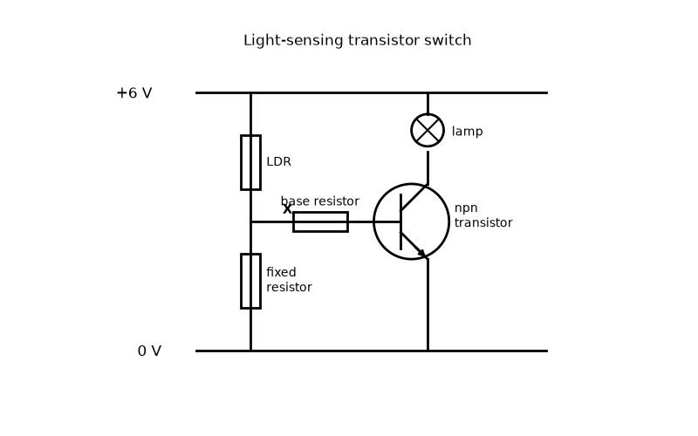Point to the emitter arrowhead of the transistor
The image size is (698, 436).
tap(421, 253)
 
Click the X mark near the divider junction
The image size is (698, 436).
tap(287, 208)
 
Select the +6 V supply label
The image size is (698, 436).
tap(134, 93)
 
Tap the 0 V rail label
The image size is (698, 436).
tap(149, 351)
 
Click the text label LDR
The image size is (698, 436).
tap(278, 161)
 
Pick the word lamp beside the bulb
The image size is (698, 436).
tap(467, 132)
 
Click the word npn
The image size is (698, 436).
tap(466, 208)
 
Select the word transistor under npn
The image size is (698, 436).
tap(483, 222)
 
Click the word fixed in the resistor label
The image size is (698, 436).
tap(281, 272)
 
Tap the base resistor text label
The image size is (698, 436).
tap(320, 201)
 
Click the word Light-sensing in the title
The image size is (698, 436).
tap(293, 40)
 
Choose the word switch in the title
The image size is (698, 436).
tap(448, 40)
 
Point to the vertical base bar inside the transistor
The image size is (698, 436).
tap(401, 222)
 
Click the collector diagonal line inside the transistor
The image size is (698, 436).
tap(414, 198)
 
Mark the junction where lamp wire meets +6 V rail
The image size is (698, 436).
tap(428, 93)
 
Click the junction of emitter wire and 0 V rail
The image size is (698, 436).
tap(428, 351)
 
